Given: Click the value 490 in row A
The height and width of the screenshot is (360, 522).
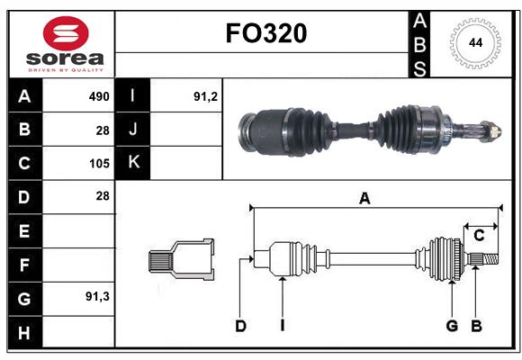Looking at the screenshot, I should tap(98, 95).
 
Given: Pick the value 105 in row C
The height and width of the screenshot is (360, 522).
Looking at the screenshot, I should tap(98, 164).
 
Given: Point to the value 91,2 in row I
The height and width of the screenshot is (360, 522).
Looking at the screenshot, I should tap(206, 95).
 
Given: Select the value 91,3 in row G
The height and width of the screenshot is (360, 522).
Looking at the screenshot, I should tap(97, 295).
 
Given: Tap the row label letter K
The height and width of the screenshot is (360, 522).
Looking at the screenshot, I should tap(134, 164).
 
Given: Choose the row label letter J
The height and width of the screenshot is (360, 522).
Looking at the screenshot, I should tap(134, 130).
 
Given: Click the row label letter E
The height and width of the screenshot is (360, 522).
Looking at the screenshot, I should tap(24, 231).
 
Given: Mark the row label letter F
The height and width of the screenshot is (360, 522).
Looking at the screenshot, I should tap(24, 265).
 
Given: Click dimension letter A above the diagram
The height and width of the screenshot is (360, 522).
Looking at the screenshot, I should tap(364, 199).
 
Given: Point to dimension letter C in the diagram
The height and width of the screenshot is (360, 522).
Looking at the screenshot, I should tap(480, 236).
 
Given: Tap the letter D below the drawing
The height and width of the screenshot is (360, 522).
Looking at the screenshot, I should tap(240, 326).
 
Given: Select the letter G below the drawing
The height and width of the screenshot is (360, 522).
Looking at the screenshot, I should tap(452, 326).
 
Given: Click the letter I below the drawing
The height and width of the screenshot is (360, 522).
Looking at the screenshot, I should tap(282, 326).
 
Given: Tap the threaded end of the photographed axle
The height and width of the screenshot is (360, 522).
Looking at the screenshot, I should tap(490, 130).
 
